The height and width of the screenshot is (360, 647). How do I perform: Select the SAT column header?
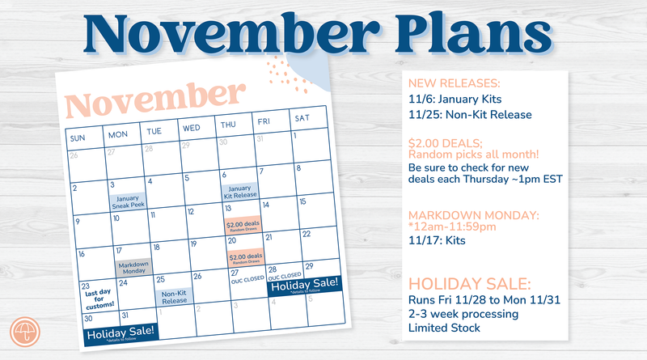coord(302,118)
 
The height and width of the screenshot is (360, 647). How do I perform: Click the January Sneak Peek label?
coord(126,201)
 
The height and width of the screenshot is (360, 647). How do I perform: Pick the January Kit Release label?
coord(239,192)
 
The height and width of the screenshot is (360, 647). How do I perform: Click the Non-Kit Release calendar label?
coord(174,297)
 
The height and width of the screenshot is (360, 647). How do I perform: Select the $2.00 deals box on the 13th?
coord(243,226)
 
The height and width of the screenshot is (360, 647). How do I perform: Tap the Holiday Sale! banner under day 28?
coord(303,286)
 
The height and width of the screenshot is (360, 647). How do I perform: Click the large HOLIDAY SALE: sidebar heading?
coord(469,285)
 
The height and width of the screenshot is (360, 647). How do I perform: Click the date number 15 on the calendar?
coord(303,201)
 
